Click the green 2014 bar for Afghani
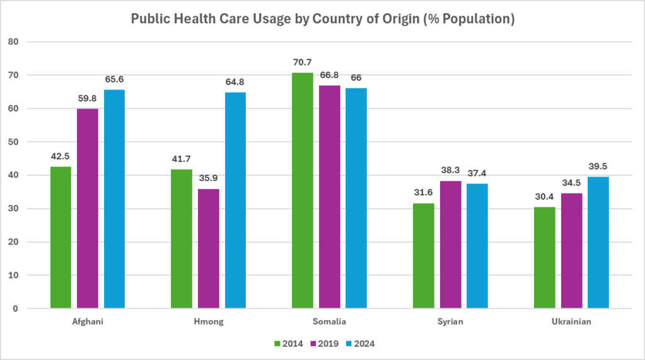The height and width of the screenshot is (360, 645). pyautogui.click(x=61, y=238)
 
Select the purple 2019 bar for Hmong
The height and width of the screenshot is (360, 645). pyautogui.click(x=209, y=248)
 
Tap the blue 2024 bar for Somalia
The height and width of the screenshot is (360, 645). pyautogui.click(x=356, y=198)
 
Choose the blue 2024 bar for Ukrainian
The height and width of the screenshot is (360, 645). pyautogui.click(x=598, y=243)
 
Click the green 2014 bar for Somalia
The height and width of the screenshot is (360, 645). pyautogui.click(x=303, y=190)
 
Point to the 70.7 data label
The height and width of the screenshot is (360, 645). pyautogui.click(x=303, y=62)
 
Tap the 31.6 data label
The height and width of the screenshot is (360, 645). pyautogui.click(x=424, y=193)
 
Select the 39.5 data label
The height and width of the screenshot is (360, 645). pyautogui.click(x=598, y=166)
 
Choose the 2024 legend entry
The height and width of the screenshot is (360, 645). pyautogui.click(x=364, y=344)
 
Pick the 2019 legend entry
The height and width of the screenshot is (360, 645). pyautogui.click(x=327, y=344)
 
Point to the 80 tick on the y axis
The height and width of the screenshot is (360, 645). pyautogui.click(x=15, y=42)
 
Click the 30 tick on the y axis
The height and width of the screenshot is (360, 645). pyautogui.click(x=15, y=209)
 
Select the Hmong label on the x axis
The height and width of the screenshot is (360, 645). pyautogui.click(x=209, y=322)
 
